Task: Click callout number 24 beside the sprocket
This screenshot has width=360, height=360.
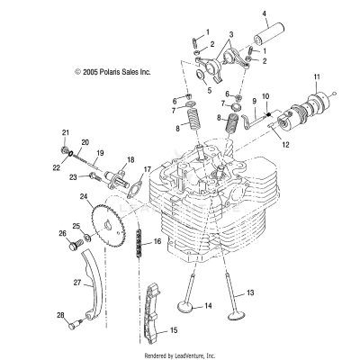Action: click(x=58, y=196)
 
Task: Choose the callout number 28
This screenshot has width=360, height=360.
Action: click(x=60, y=315)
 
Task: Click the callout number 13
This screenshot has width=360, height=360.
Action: click(x=252, y=292)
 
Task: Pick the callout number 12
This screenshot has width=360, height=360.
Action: click(x=286, y=144)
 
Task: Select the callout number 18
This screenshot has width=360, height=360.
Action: click(x=130, y=159)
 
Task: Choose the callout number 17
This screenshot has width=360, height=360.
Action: click(x=148, y=168)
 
